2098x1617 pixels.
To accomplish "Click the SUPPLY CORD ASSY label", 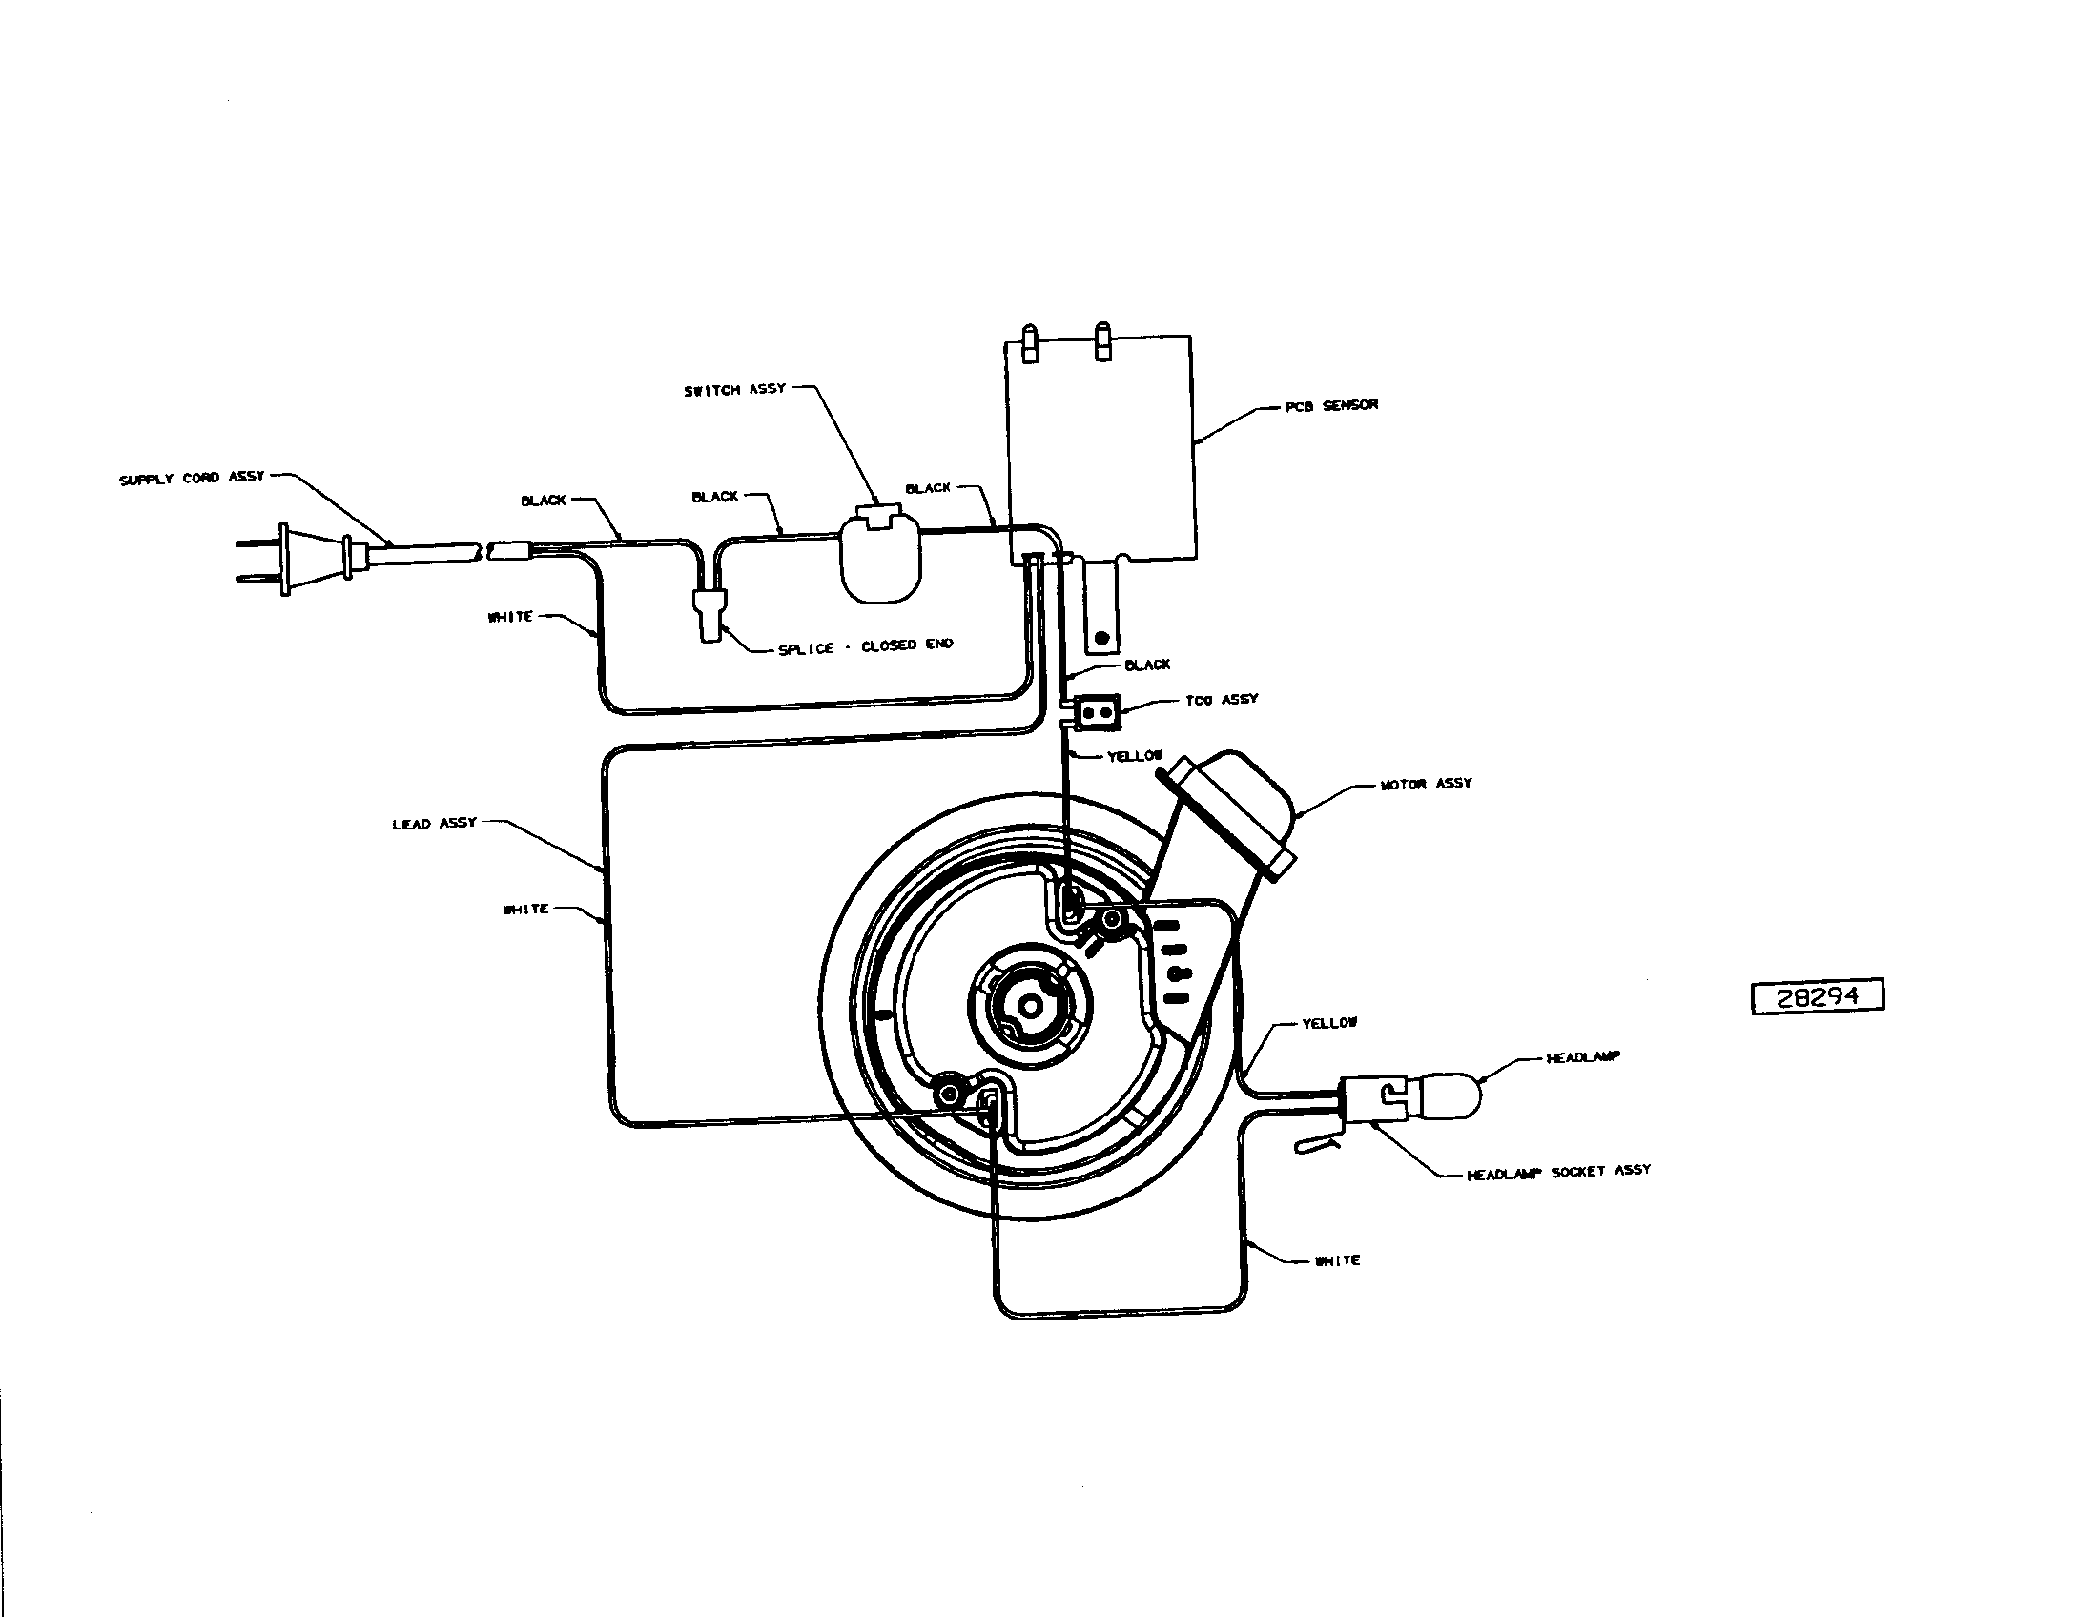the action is [191, 478].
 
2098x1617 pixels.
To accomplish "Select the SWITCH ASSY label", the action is [735, 390].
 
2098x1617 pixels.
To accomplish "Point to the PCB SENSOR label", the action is [1331, 405].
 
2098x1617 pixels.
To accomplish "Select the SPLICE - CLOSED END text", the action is [866, 646].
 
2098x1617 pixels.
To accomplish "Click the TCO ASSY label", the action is [1222, 700].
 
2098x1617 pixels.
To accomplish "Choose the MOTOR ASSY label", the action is [1426, 784].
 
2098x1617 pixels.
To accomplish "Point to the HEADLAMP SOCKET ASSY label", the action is [1558, 1172].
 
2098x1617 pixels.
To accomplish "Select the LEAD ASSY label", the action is [434, 823].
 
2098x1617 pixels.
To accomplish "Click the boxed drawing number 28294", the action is [1818, 996].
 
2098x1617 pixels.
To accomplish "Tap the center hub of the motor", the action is [1029, 1005].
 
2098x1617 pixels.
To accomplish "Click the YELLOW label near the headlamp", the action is [1329, 1024].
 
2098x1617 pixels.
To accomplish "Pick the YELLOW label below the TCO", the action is [1135, 757].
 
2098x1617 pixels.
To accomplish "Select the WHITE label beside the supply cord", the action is [510, 617].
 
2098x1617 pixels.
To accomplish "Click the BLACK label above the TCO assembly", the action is [1147, 665].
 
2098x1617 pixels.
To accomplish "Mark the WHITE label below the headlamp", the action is [1337, 1259].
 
